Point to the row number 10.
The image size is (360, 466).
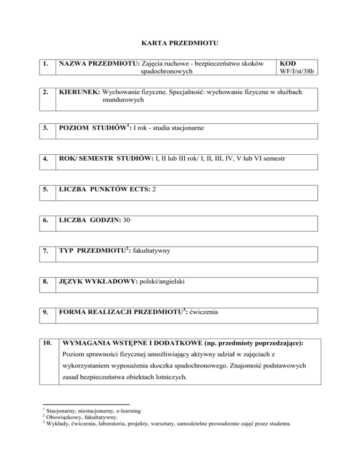[46, 344]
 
